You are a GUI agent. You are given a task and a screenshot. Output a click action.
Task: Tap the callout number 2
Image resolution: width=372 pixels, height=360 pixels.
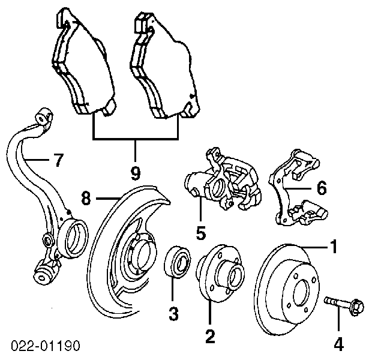tap(210, 337)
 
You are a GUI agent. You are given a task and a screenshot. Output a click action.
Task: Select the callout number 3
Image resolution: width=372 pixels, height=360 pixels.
tap(173, 313)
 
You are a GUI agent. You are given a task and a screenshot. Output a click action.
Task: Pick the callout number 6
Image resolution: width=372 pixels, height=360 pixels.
tap(322, 188)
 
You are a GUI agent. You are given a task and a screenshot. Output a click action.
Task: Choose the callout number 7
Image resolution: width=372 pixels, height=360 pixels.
tap(57, 160)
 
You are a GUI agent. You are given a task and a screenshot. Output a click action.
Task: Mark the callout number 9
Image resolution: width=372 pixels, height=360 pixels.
tap(136, 173)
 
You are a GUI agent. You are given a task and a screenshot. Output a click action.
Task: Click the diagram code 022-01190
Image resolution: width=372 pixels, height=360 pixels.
tap(45, 346)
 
